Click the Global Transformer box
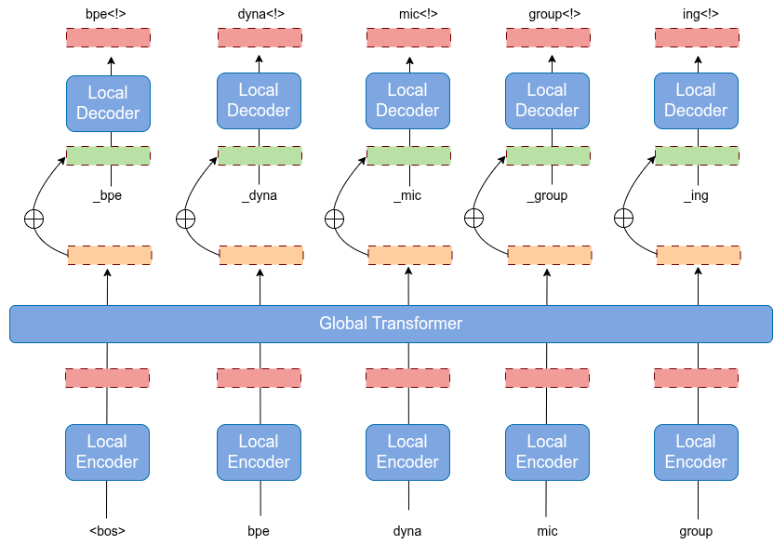coord(391,324)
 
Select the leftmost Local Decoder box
coord(108,103)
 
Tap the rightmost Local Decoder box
coord(696,100)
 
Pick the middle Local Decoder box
coord(407,100)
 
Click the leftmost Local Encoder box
coord(107,452)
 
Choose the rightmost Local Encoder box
coord(696,452)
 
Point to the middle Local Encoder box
coord(407,452)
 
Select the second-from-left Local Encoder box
coord(259,452)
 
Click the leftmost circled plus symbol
coord(33,219)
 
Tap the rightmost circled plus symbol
coord(623,218)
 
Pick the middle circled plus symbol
coord(334,219)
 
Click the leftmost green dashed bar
coord(108,155)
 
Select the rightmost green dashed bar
coord(697,155)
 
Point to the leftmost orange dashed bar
coord(110,255)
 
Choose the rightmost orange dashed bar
coord(699,255)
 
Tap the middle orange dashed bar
coord(410,255)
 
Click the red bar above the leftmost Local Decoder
coord(108,37)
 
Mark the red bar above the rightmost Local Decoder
coord(697,37)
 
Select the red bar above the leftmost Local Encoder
coord(107,378)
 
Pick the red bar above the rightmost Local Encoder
coord(696,378)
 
